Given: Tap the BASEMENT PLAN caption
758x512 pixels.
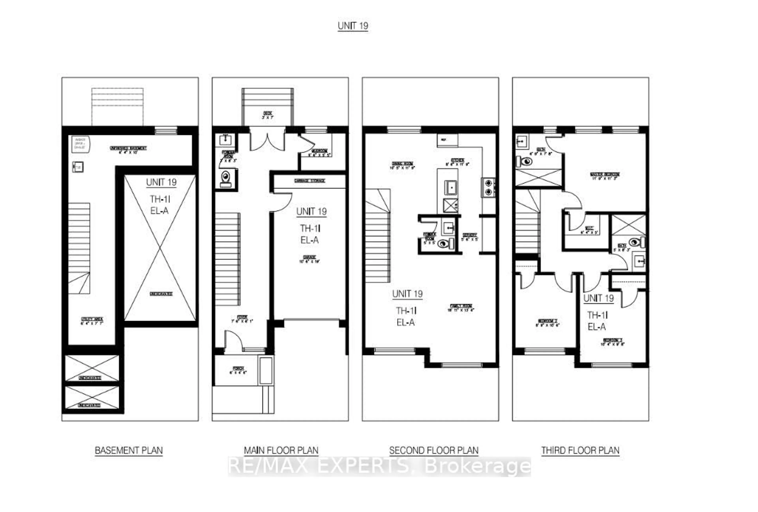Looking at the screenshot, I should click(129, 450).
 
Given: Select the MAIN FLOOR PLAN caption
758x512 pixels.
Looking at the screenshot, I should click(281, 450).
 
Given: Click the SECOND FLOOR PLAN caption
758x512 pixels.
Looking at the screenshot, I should click(433, 450).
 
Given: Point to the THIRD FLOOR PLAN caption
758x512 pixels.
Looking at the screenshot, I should click(580, 450).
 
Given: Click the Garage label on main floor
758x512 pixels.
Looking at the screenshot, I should click(309, 259).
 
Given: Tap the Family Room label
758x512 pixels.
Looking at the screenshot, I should click(461, 308).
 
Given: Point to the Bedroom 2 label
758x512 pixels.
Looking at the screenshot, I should click(548, 323).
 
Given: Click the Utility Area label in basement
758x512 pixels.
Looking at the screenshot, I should click(92, 321).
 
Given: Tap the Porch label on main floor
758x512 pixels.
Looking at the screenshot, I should click(238, 370).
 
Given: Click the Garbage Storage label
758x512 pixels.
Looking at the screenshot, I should click(309, 180).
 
